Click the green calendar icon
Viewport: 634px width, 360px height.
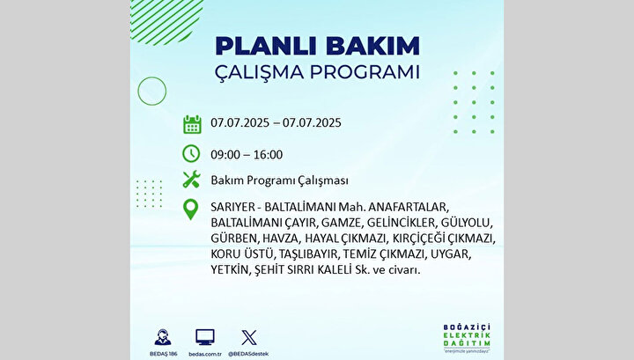pyautogui.click(x=192, y=124)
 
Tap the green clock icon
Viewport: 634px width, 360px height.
pyautogui.click(x=191, y=153)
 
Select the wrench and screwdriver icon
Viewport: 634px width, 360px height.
pyautogui.click(x=191, y=180)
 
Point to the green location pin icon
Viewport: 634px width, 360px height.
pyautogui.click(x=190, y=209)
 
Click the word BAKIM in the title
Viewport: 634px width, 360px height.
pyautogui.click(x=372, y=46)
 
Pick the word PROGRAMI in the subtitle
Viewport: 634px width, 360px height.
pyautogui.click(x=365, y=72)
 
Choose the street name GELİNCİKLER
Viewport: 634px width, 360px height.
pyautogui.click(x=402, y=223)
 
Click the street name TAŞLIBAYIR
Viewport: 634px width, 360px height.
pyautogui.click(x=308, y=254)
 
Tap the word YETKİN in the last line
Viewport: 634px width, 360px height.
pyautogui.click(x=230, y=269)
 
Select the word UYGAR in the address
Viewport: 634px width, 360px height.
pyautogui.click(x=451, y=254)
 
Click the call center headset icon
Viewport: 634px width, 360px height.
pyautogui.click(x=163, y=337)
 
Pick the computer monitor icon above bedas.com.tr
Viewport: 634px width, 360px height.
pyautogui.click(x=205, y=337)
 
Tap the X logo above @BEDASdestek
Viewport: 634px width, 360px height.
pyautogui.click(x=248, y=337)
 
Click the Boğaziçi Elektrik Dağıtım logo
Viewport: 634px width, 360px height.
pyautogui.click(x=467, y=338)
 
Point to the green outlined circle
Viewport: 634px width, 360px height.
pyautogui.click(x=138, y=92)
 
